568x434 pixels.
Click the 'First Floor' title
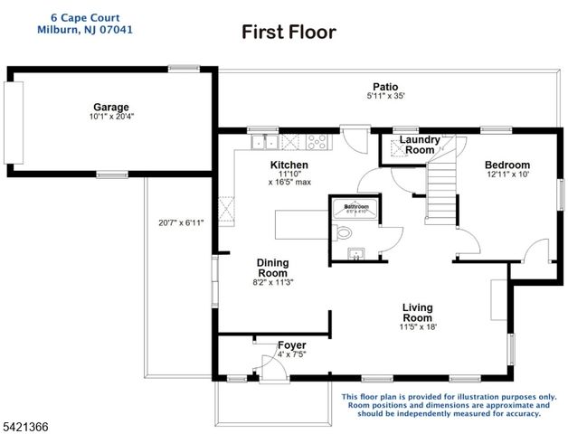coord(289,33)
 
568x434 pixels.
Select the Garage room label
coord(110,106)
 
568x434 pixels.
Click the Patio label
coord(386,86)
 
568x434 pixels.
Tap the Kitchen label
coord(289,165)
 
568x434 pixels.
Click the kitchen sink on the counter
coord(265,141)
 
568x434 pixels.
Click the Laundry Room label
coord(420,145)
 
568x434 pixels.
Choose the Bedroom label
coord(507,164)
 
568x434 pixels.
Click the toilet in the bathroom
coord(343,233)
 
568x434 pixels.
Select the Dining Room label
coord(272,268)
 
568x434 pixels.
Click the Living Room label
coord(417,313)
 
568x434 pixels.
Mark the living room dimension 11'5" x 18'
coord(417,327)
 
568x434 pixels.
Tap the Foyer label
coord(291,345)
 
